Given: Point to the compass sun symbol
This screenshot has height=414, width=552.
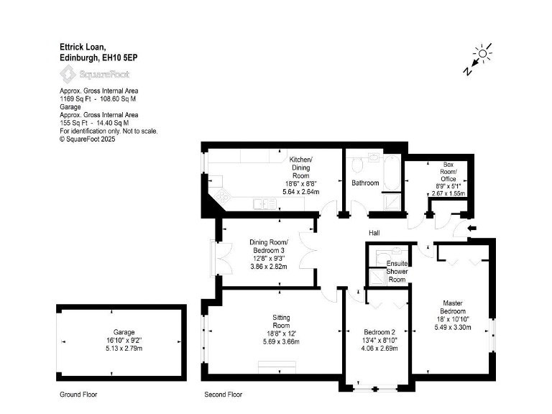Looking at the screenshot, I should pyautogui.click(x=483, y=52).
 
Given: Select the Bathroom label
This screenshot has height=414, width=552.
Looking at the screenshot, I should pyautogui.click(x=364, y=183).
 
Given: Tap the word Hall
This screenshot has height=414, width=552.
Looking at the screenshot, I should pyautogui.click(x=374, y=233).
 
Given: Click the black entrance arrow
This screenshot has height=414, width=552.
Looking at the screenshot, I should pyautogui.click(x=471, y=229).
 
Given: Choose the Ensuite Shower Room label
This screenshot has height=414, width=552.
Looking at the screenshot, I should pyautogui.click(x=397, y=271).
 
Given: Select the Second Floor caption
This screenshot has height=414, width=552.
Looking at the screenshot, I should pyautogui.click(x=223, y=395).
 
